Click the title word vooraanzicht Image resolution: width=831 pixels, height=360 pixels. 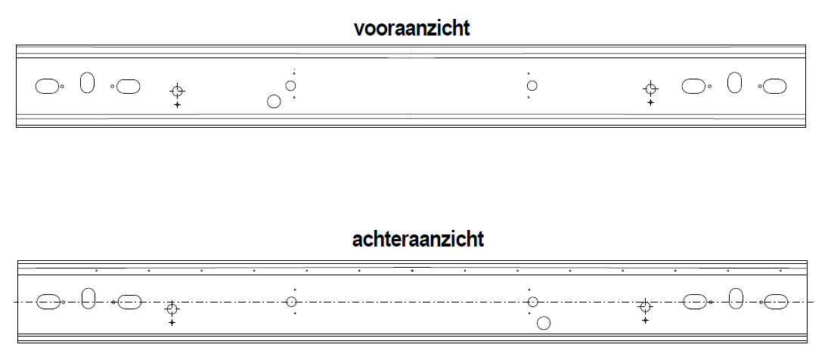412,28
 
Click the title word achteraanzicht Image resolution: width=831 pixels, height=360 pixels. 417,239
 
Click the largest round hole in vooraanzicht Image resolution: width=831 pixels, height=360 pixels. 274,95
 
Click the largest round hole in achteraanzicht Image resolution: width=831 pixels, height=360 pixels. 543,317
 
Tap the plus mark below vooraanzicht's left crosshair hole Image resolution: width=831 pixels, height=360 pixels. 177,105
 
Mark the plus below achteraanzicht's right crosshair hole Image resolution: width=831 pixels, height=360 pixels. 645,320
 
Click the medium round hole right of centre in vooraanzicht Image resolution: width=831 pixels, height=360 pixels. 532,81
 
